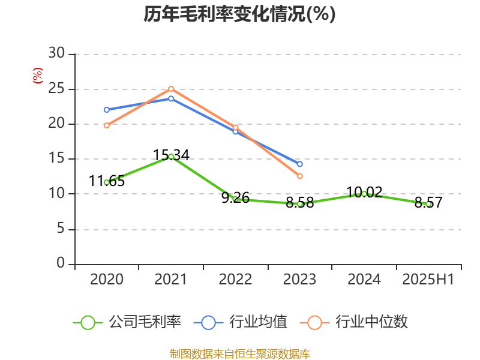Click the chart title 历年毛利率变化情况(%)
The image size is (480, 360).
pos(239,14)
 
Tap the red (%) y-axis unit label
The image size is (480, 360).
pos(38,76)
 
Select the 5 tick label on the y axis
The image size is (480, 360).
pos(60,229)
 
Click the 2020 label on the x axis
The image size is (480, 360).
pos(107,280)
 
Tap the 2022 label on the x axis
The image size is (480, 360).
pos(235,280)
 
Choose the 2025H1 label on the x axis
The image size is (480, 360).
pos(428,280)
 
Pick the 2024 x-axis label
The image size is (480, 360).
pos(364,280)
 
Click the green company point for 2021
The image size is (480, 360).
pos(171,157)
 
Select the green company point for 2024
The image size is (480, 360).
pos(364,194)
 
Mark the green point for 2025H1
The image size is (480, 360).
pos(428,204)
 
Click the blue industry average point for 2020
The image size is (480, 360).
pos(107,110)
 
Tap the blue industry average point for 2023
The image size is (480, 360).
pos(299,164)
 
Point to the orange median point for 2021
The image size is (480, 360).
pos(171,89)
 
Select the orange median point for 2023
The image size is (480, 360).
pos(299,176)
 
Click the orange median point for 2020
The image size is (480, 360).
pos(107,125)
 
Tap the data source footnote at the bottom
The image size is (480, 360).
pos(239,353)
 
